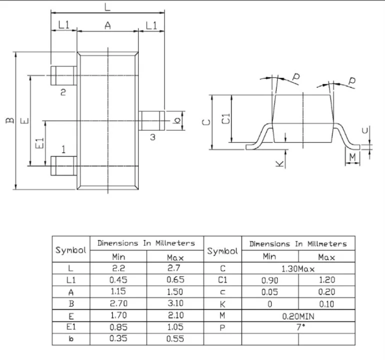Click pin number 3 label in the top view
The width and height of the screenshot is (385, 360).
(153, 136)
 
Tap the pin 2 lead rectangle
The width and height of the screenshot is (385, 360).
(63, 75)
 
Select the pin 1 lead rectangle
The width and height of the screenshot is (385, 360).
(63, 165)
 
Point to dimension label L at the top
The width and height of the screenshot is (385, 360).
(108, 6)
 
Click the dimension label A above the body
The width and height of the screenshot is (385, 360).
(107, 25)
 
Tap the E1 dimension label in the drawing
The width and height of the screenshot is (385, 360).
(40, 143)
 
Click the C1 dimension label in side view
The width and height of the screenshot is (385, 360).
(226, 119)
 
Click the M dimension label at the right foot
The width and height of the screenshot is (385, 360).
(353, 157)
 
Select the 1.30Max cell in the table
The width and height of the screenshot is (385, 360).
(298, 269)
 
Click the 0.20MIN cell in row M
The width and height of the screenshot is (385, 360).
(298, 316)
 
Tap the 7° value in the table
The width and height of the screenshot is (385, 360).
(298, 328)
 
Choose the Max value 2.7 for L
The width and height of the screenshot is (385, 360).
(175, 269)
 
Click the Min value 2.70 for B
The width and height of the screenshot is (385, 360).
(118, 304)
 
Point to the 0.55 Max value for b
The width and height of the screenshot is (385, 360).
(175, 340)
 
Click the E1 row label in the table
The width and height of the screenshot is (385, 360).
(71, 328)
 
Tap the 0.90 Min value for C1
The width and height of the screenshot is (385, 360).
(270, 281)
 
